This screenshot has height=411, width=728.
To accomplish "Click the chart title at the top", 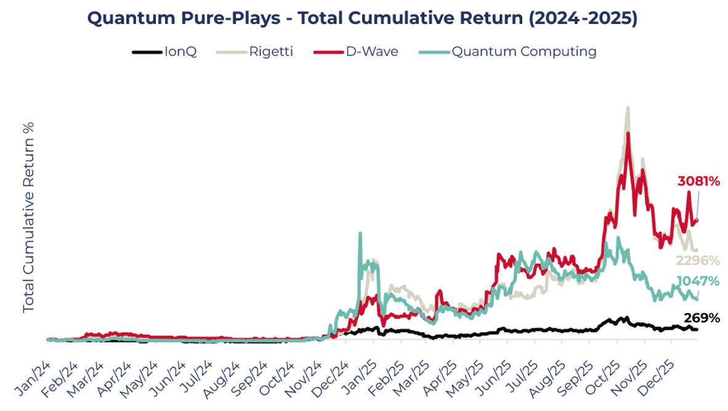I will [362, 18].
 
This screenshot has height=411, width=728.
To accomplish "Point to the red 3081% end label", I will [698, 181].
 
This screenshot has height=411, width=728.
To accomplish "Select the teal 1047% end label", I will [698, 281].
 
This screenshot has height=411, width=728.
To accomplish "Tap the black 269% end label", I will [702, 318].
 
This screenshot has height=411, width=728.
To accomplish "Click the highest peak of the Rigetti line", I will [628, 108].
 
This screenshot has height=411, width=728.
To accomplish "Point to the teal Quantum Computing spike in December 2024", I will [360, 234].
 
